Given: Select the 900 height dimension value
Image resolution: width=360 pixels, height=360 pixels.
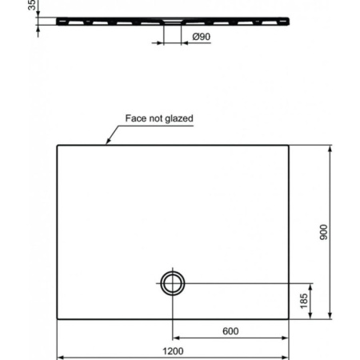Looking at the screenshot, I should pyautogui.click(x=323, y=232).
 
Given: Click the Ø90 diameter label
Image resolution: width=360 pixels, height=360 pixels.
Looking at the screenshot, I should pyautogui.click(x=200, y=37).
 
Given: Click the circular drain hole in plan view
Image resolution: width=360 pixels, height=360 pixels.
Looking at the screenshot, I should pyautogui.click(x=172, y=282).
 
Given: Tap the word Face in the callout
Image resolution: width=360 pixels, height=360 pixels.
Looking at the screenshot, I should pyautogui.click(x=137, y=118).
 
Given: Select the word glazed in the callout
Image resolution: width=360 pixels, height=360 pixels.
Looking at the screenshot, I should pyautogui.click(x=179, y=118).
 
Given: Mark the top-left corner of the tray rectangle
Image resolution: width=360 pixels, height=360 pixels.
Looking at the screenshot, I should pyautogui.click(x=57, y=145).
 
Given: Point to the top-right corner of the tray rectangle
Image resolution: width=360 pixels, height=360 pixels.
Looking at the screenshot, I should pyautogui.click(x=290, y=145).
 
